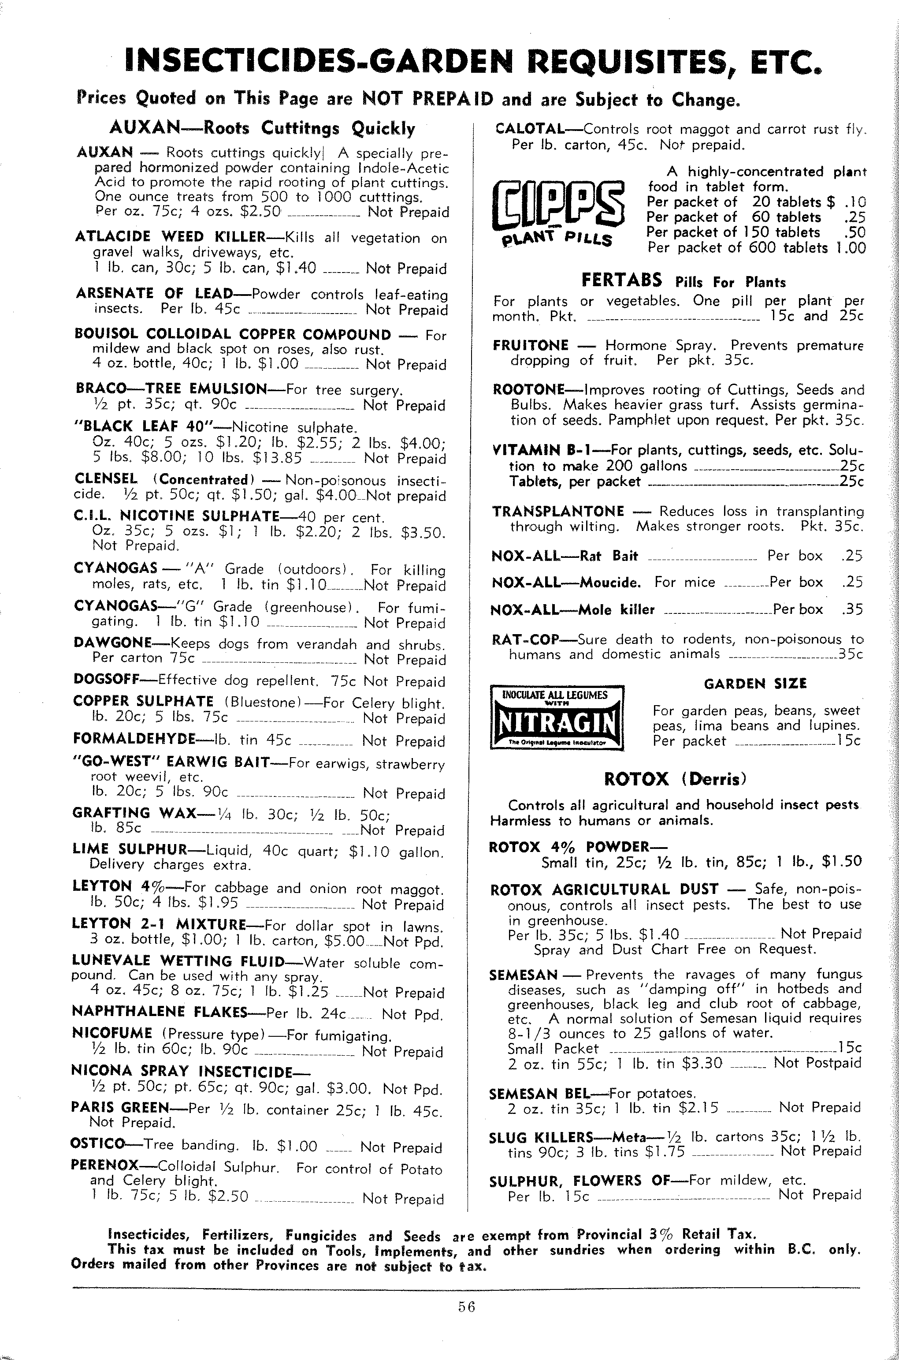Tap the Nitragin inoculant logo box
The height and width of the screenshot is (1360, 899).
click(557, 717)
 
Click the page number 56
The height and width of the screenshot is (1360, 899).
click(467, 1307)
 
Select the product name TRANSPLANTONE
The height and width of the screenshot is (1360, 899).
click(558, 511)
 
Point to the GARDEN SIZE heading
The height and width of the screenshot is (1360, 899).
click(755, 684)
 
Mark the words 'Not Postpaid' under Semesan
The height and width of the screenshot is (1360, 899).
click(817, 1063)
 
